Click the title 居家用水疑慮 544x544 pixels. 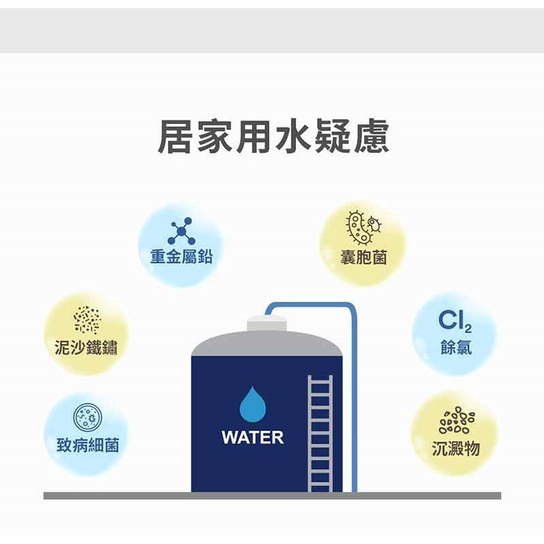(274, 136)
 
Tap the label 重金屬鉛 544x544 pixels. (181, 257)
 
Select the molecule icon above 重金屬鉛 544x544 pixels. (181, 231)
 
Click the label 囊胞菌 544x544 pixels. (364, 257)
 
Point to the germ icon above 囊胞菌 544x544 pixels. (363, 227)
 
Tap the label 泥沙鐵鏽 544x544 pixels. (86, 347)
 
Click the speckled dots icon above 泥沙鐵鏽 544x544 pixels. (86, 320)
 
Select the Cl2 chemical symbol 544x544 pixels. (455, 321)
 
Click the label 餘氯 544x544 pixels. (456, 347)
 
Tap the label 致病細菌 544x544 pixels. (87, 445)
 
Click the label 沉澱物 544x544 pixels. (456, 448)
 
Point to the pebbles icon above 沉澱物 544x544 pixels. (457, 420)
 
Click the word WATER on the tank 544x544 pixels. (253, 437)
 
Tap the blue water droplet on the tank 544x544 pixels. (253, 404)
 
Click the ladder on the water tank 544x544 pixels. (320, 434)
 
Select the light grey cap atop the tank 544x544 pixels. (267, 323)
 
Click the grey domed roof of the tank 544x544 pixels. (267, 344)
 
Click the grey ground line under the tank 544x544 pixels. (272, 496)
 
